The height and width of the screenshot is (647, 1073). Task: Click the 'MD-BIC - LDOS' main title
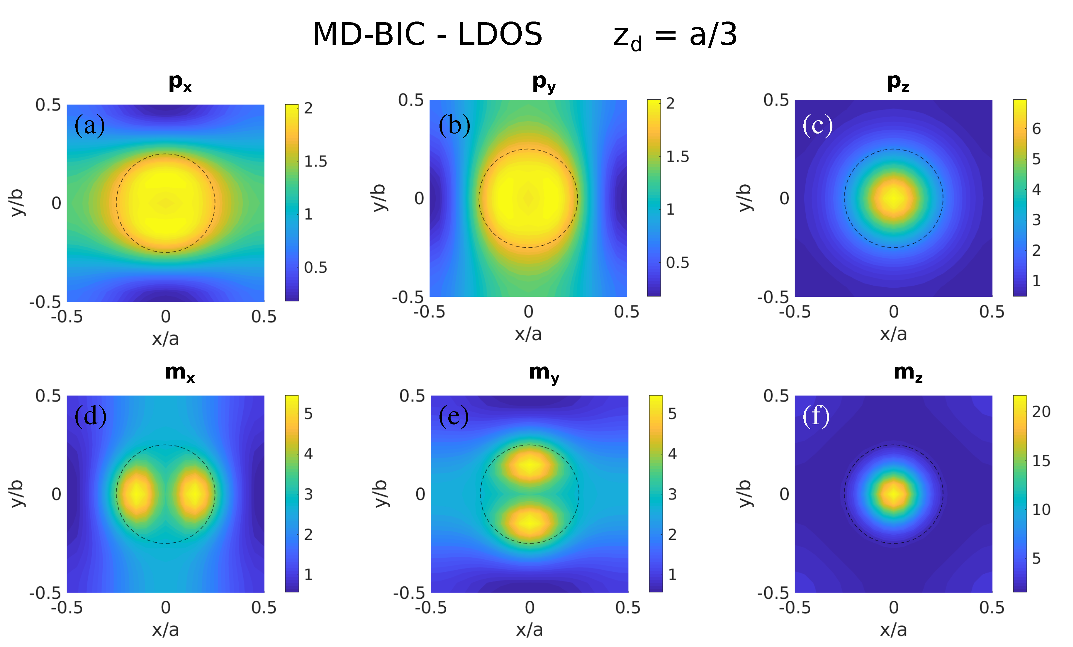click(427, 35)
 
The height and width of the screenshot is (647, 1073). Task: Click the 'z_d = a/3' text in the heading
click(675, 36)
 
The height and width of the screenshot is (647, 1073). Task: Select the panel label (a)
click(90, 125)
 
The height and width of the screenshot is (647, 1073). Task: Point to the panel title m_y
click(544, 373)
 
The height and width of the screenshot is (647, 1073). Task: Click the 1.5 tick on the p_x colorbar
click(315, 161)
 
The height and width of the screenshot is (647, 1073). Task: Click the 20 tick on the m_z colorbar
click(1041, 411)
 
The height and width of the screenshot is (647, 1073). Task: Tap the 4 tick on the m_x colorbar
click(308, 454)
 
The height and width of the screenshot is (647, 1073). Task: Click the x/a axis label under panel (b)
click(528, 334)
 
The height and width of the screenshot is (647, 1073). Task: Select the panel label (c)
click(817, 125)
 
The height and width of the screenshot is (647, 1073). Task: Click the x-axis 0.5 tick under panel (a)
click(263, 317)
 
